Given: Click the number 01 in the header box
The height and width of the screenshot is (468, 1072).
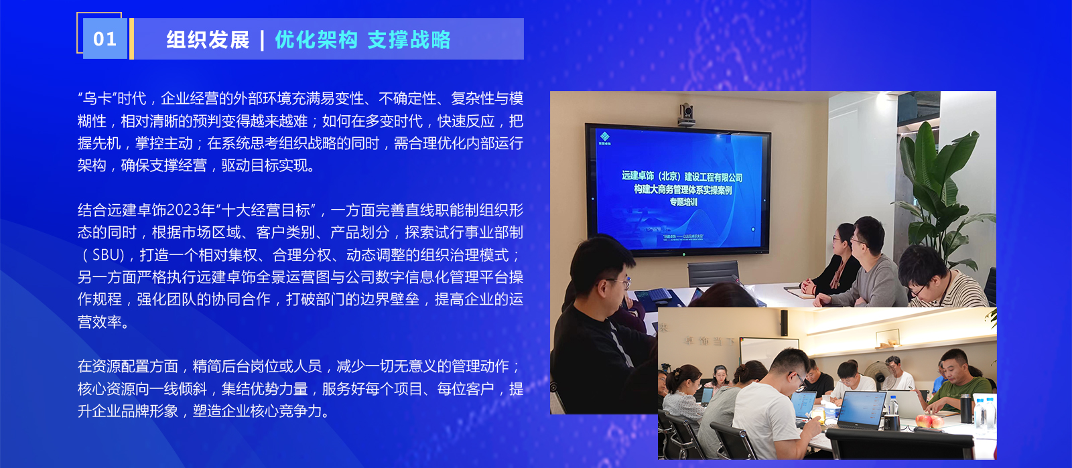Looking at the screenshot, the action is coord(105,40).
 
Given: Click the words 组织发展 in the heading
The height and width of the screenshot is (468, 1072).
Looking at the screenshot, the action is coord(208,40).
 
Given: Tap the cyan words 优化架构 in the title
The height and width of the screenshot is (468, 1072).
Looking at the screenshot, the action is coord(316,40).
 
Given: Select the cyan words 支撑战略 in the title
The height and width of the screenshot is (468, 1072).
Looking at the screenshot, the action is coord(409,40).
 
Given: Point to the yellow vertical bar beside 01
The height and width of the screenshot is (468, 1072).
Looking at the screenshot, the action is coord(131,39).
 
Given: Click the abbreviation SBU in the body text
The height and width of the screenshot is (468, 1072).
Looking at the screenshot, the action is coord(108,255).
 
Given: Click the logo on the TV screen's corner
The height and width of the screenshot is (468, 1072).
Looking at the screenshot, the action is coord(604,139).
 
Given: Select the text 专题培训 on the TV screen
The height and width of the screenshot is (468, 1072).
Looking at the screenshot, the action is coord(683,202).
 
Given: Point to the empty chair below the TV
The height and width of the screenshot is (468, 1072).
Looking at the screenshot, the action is coord(713,274).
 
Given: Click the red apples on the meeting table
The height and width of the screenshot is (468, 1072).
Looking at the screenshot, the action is coord(929,421).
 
